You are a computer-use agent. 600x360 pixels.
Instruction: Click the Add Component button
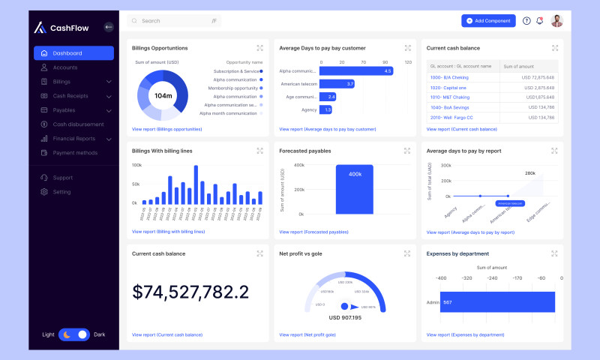[x=488, y=21]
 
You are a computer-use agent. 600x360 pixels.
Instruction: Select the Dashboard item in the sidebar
[x=73, y=53]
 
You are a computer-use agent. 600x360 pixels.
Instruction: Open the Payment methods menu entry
[x=74, y=153]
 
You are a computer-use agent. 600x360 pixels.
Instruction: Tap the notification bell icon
[x=539, y=21]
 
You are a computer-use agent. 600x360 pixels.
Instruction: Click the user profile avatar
[x=556, y=21]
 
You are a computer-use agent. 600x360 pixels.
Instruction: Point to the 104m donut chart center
[x=163, y=95]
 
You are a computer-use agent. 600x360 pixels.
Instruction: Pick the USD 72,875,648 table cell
[x=529, y=77]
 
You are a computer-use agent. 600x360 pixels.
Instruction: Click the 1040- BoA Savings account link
[x=448, y=107]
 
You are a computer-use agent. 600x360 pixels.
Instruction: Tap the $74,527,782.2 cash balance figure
[x=190, y=292]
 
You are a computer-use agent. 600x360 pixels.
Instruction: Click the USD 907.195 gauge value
[x=345, y=317]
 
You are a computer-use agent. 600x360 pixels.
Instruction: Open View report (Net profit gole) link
[x=310, y=334]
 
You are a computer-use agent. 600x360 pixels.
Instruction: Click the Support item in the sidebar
[x=62, y=178]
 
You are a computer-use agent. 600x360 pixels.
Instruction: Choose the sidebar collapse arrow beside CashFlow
[x=109, y=27]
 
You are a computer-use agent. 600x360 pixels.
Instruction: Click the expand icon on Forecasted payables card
[x=407, y=151]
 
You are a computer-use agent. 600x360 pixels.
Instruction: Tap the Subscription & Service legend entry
[x=236, y=71]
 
